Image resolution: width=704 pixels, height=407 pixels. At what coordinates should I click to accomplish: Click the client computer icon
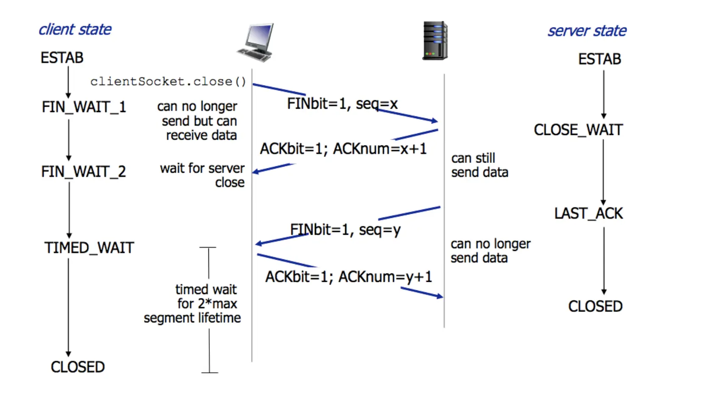(x=256, y=42)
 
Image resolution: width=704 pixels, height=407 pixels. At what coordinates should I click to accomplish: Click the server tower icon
(x=435, y=40)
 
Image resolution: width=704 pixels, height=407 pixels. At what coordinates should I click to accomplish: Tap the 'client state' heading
(x=75, y=30)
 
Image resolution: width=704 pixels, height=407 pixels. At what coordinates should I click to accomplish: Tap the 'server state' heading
(x=587, y=31)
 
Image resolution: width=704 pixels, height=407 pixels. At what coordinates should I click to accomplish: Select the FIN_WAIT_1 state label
(x=84, y=107)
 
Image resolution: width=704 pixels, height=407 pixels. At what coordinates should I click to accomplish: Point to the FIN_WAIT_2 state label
(x=83, y=172)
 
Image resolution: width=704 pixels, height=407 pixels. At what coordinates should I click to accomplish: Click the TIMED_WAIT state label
(x=89, y=248)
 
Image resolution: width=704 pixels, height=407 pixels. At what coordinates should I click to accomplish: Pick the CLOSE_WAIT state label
(x=578, y=130)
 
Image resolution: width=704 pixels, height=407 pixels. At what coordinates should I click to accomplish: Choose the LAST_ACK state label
(x=588, y=214)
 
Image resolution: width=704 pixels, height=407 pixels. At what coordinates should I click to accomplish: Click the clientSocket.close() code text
(x=168, y=81)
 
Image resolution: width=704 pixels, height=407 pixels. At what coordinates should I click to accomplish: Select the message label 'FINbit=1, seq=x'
(x=342, y=104)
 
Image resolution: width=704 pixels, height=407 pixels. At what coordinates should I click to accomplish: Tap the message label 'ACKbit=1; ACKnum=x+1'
(x=343, y=149)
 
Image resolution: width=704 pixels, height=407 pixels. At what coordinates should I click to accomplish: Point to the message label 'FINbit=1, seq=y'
(x=345, y=230)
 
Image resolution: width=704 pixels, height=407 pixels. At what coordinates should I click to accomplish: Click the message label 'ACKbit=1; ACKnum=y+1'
(x=349, y=277)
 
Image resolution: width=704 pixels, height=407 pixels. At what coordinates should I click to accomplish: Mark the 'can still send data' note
(x=479, y=165)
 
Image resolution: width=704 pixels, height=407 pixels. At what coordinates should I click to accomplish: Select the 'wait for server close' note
(x=202, y=175)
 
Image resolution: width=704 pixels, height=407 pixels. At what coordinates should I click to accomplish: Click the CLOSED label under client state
(x=78, y=367)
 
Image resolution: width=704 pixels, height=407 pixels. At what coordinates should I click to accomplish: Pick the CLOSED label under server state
(x=595, y=306)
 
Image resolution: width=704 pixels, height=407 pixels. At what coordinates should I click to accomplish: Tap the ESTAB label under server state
(x=599, y=59)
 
